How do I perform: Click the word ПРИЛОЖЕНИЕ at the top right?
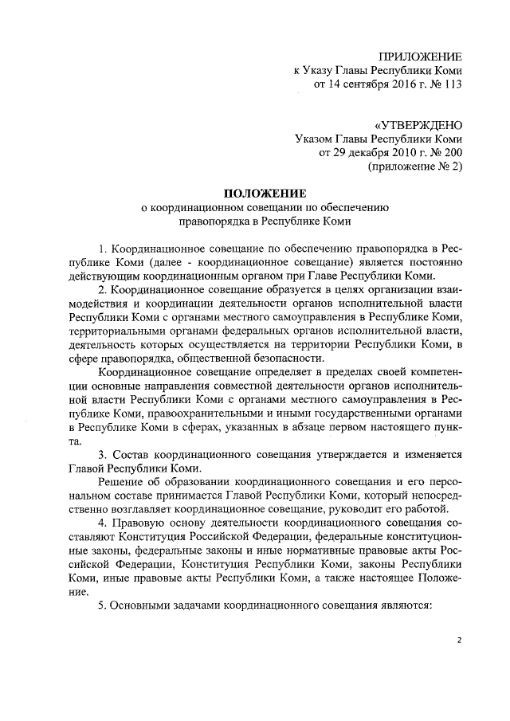pos(420,56)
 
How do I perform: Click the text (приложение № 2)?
pos(414,167)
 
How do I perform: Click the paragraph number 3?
pos(100,454)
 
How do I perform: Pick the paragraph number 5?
pos(100,605)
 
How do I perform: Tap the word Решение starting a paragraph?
pos(119,483)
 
